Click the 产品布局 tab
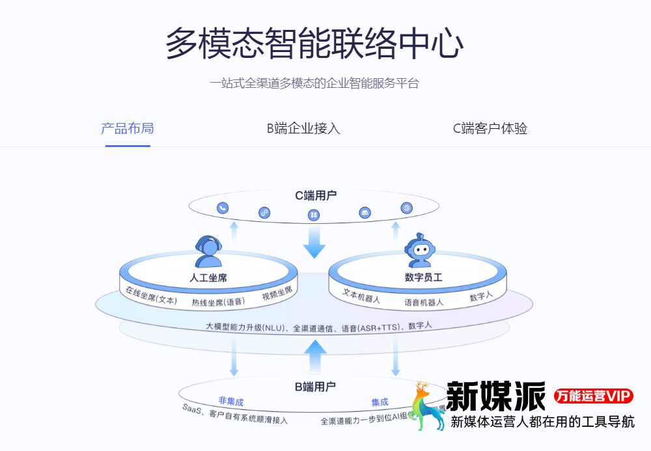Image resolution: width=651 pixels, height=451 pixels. [x=128, y=128]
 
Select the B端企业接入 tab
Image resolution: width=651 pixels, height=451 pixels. [x=303, y=128]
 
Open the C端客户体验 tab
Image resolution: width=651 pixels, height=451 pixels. [x=490, y=128]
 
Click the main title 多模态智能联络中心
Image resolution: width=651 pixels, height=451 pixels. [x=314, y=44]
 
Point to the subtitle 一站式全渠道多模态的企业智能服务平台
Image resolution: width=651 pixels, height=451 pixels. [x=314, y=83]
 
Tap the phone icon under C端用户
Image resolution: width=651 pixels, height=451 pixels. [x=223, y=208]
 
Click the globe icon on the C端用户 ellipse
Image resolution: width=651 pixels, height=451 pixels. [x=407, y=208]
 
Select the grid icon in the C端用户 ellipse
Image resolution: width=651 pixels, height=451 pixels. [x=313, y=215]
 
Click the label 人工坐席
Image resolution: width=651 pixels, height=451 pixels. [x=208, y=278]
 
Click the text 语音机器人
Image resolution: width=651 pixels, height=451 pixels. [x=424, y=303]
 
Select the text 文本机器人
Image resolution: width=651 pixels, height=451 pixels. [x=361, y=297]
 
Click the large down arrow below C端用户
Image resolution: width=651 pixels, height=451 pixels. [x=314, y=241]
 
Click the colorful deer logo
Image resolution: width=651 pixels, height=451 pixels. [x=423, y=407]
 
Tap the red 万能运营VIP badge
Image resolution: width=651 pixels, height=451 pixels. [x=594, y=396]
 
